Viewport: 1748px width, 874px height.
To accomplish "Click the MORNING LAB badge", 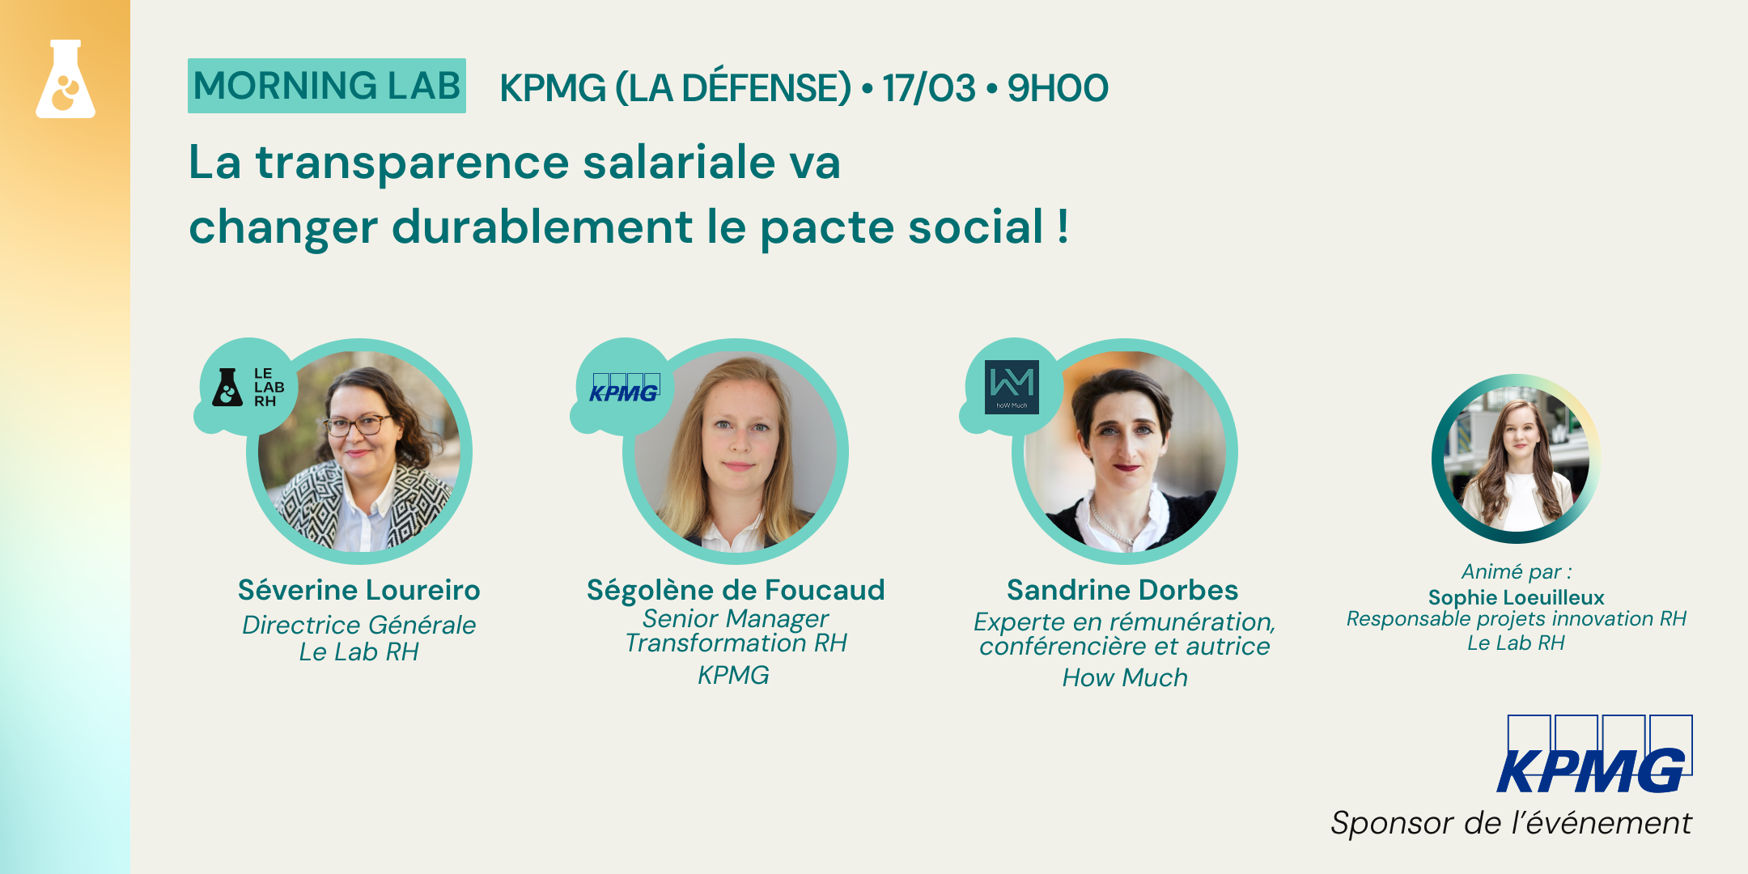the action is [327, 86].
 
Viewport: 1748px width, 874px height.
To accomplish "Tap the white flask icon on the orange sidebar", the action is [66, 79].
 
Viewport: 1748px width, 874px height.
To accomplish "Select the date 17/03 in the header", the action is [929, 87].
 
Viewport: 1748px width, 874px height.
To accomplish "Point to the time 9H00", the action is [1058, 87].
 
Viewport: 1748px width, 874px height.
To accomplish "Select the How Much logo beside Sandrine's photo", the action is [1012, 387].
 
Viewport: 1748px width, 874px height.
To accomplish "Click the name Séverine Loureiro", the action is [359, 590].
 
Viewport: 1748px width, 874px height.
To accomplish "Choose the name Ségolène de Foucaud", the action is [736, 590].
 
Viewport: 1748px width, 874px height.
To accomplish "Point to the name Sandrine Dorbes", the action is [1122, 590].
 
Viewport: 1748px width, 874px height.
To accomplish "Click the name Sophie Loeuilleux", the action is [1516, 597].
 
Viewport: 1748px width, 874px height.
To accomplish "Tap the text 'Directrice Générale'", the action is [359, 625].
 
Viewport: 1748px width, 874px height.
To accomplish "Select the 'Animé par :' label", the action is [1517, 571].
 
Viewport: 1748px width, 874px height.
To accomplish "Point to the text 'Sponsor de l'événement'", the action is [1511, 823].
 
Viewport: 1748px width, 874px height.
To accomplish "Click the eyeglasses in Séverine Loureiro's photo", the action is [358, 424].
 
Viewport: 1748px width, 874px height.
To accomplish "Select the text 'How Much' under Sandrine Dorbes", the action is [1125, 677].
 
